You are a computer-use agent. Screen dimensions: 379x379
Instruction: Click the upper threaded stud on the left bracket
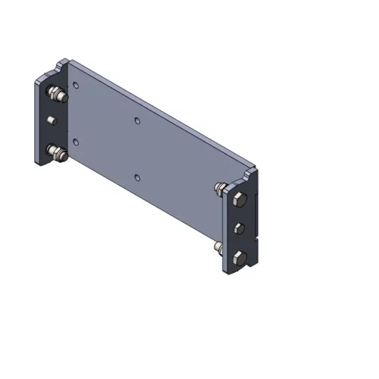point(55,96)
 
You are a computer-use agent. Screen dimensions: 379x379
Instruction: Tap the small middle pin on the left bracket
point(52,121)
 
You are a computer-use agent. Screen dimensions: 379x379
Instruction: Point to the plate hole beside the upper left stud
point(76,86)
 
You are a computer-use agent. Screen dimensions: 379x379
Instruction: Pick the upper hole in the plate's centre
point(136,120)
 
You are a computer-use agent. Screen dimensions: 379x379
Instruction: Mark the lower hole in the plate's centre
point(136,177)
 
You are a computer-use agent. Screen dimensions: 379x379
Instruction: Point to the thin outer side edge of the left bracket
point(35,121)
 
